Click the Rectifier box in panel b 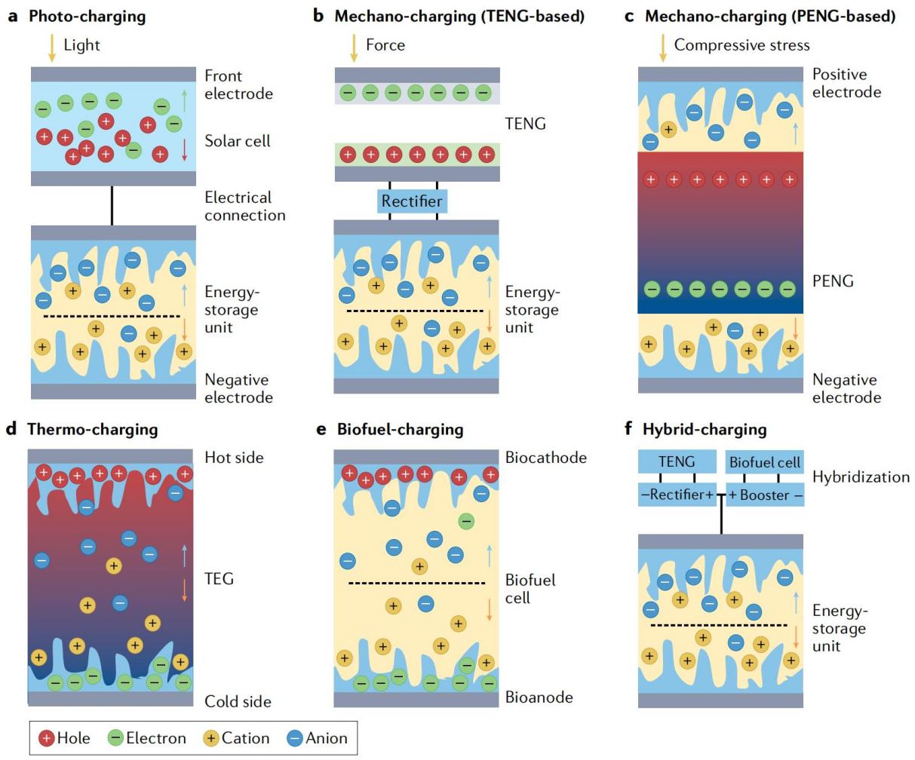[412, 201]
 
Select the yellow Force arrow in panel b [354, 47]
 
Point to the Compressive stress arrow [663, 47]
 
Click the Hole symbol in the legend [47, 738]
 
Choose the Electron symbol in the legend [115, 738]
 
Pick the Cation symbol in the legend [211, 738]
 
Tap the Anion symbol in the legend [295, 738]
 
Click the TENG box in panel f [676, 462]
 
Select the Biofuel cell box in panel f [765, 462]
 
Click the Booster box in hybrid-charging [765, 495]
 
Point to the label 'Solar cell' [238, 141]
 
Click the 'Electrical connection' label [245, 206]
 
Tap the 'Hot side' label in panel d [235, 457]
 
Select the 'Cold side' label [238, 701]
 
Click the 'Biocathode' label [546, 457]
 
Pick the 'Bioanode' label [539, 697]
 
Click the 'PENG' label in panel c [833, 281]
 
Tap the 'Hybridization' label [861, 477]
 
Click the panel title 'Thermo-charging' [93, 430]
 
